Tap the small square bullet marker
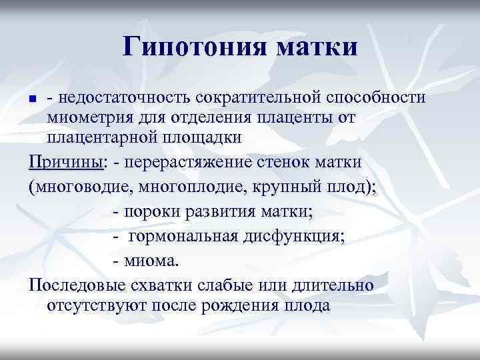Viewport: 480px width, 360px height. click(x=34, y=99)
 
